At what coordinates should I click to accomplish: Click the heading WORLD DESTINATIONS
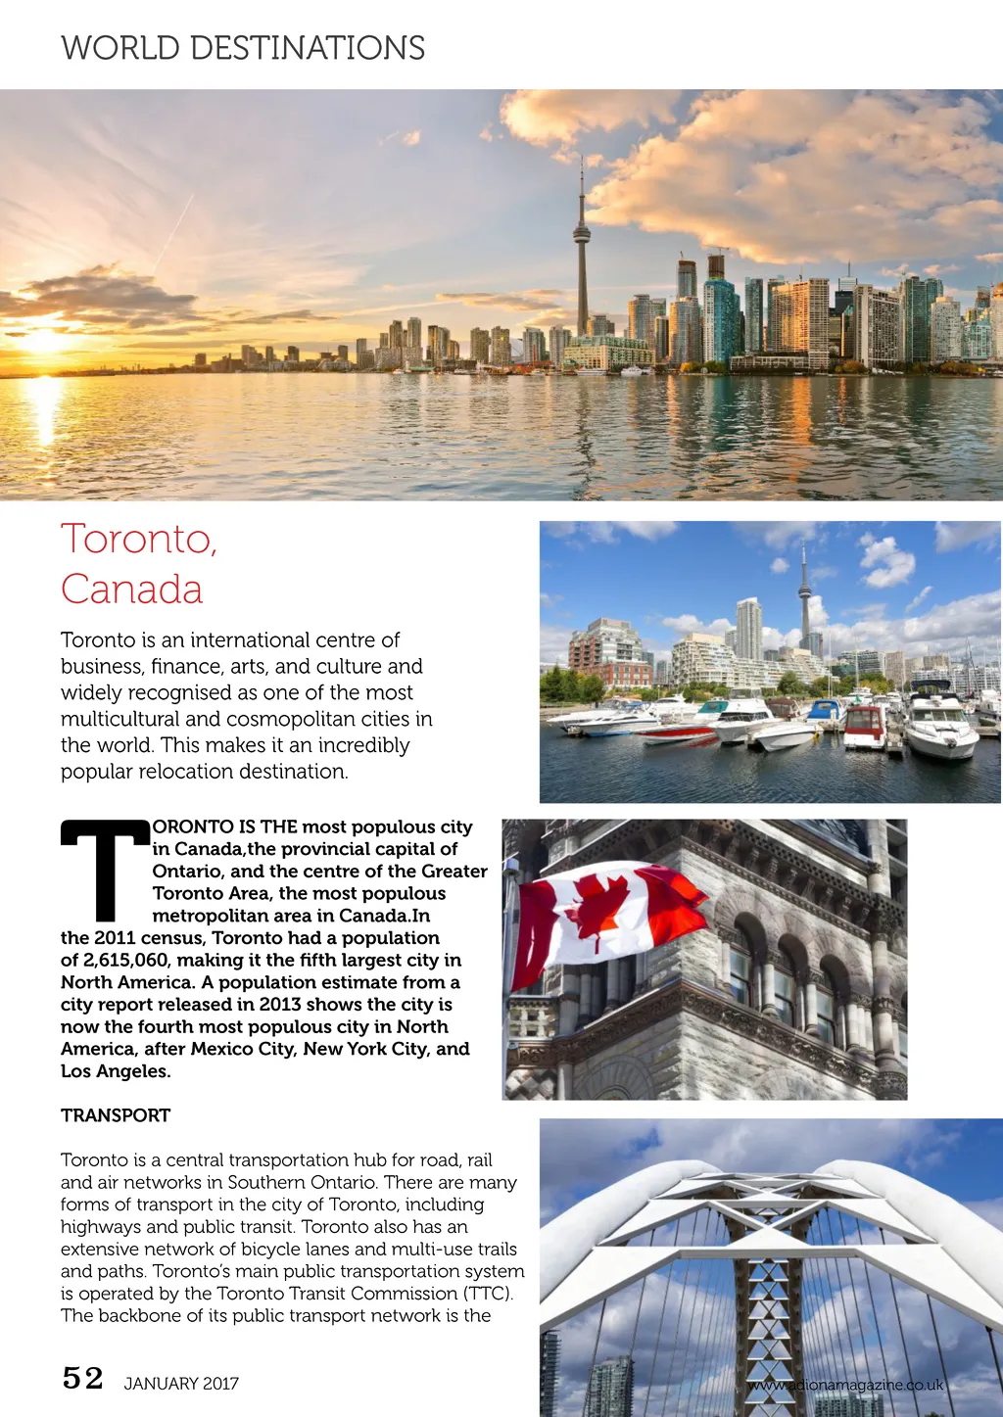(x=243, y=48)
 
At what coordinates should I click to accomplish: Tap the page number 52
(x=82, y=1379)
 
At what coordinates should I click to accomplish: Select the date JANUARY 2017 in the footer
(x=181, y=1384)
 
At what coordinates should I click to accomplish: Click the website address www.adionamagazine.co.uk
(x=845, y=1385)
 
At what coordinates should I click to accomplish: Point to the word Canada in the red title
(x=131, y=590)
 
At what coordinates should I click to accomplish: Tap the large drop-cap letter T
(x=104, y=869)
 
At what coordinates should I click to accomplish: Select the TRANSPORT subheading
(x=116, y=1115)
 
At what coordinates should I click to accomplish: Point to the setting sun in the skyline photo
(x=44, y=341)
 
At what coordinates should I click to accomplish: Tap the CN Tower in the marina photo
(x=805, y=597)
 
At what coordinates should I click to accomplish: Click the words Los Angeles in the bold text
(x=115, y=1071)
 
